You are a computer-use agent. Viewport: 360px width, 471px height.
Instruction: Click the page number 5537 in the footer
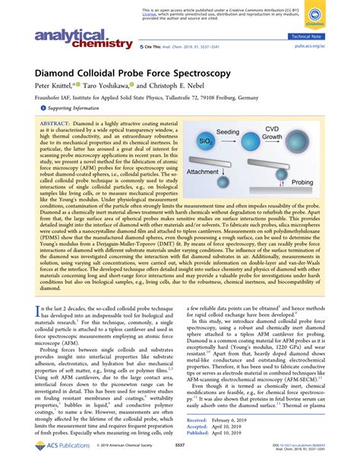[179, 458]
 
